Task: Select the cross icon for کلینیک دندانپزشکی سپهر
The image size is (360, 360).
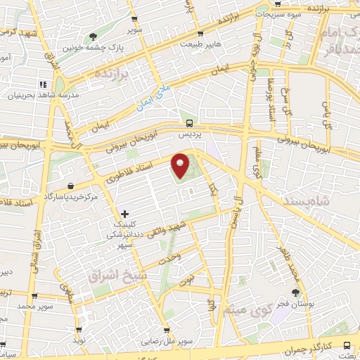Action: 124,213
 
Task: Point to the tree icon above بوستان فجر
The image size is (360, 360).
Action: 296,292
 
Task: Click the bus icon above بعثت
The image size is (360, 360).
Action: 347,345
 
